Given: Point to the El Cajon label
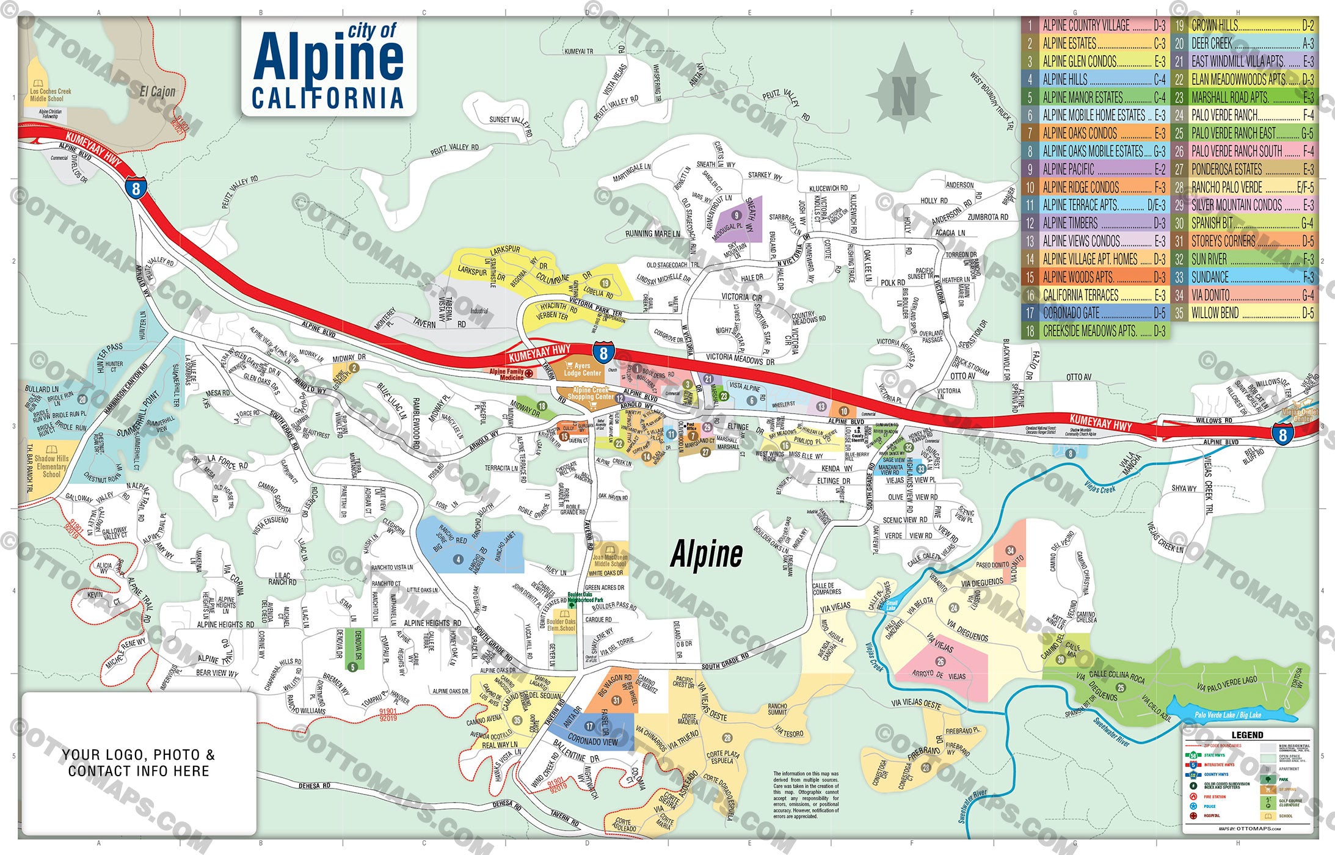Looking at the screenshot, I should click(158, 92).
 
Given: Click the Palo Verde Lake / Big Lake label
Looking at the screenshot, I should click(1228, 715).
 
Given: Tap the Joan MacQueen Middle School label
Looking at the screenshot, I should click(609, 560).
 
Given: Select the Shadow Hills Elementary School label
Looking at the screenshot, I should click(51, 466).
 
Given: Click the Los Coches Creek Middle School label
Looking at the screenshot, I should click(50, 95).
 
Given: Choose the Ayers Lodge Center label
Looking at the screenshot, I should click(582, 369).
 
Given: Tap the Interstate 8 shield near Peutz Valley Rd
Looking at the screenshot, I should click(136, 188).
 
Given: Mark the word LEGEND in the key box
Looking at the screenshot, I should click(1247, 735).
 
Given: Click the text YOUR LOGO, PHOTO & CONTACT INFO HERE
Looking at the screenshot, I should click(139, 763).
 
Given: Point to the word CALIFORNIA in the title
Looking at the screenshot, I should click(328, 98).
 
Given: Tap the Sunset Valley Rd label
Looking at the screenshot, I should click(511, 123).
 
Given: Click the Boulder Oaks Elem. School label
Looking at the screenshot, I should click(561, 625).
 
